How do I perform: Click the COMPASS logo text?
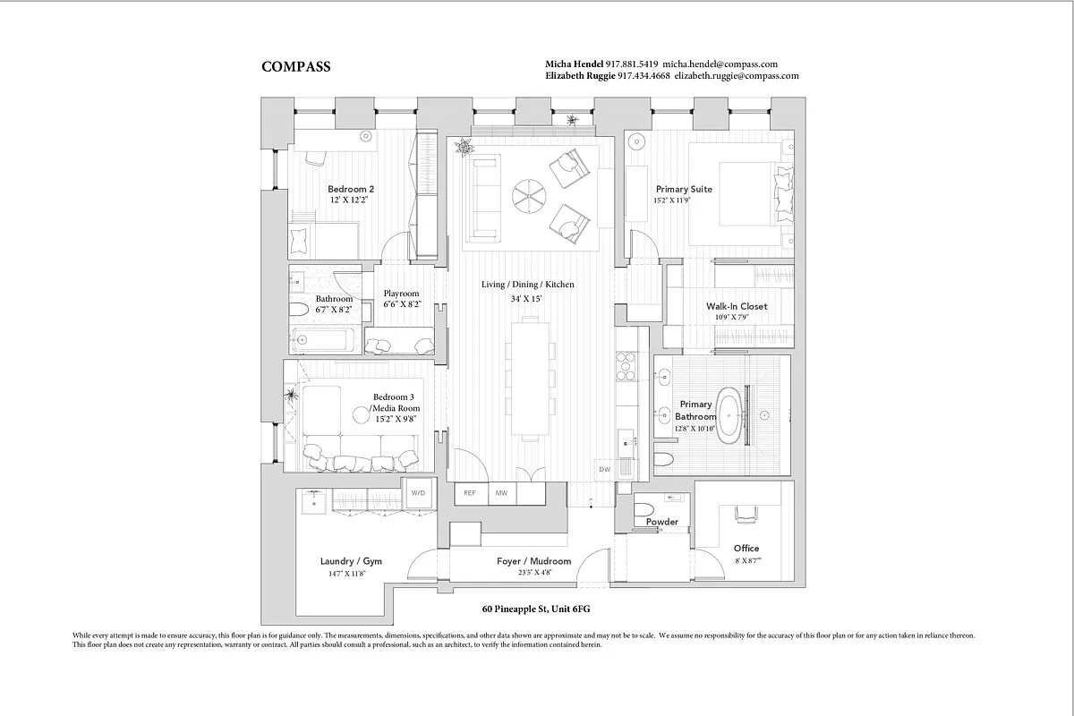point(295,67)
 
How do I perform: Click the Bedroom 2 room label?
point(351,189)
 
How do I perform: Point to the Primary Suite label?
point(684,190)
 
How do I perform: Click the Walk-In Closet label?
point(737,306)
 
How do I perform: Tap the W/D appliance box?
point(419,493)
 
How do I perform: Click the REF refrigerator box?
point(470,493)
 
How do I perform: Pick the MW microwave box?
point(501,493)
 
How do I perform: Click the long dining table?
point(525,377)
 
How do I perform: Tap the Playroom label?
point(401,294)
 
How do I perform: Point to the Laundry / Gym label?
point(351,562)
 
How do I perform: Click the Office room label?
point(746,549)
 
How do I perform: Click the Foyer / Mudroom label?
point(533,562)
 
